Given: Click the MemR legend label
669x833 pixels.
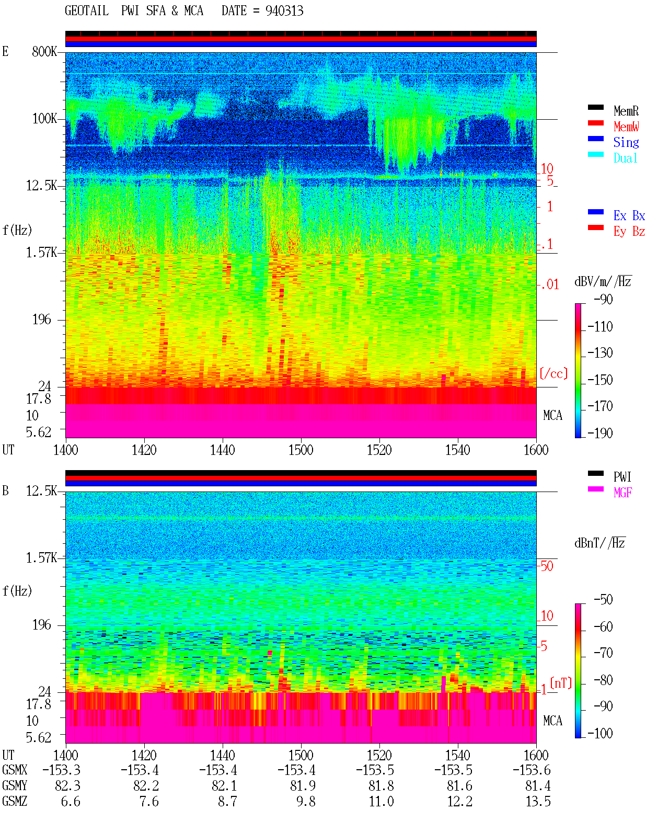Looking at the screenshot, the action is [626, 111].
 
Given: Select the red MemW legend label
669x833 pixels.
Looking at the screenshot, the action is [626, 127].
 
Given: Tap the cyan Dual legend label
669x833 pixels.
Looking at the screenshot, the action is [625, 158].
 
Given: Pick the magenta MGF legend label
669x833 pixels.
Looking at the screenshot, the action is [622, 493].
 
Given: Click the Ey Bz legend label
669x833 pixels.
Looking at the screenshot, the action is [629, 232].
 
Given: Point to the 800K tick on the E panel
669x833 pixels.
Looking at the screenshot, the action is [44, 51].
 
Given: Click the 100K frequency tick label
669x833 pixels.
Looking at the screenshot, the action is [44, 119].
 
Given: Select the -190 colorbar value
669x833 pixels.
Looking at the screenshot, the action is [600, 433].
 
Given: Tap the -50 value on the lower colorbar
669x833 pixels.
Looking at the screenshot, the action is [603, 600].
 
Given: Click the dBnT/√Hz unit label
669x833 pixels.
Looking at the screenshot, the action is [599, 543].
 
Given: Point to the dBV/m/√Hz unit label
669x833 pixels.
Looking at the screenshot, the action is [603, 281].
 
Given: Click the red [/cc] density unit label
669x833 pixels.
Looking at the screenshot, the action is [553, 373].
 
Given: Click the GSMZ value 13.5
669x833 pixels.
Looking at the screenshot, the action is [538, 801].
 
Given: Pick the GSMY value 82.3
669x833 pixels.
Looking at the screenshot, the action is [68, 786].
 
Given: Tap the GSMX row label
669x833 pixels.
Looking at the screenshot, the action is [15, 770].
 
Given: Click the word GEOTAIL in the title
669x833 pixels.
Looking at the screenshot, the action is [87, 11].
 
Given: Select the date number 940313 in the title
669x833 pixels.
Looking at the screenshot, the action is [284, 11].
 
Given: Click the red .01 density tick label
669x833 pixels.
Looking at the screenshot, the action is [549, 285].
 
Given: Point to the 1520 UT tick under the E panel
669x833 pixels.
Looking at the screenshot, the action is [379, 450].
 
